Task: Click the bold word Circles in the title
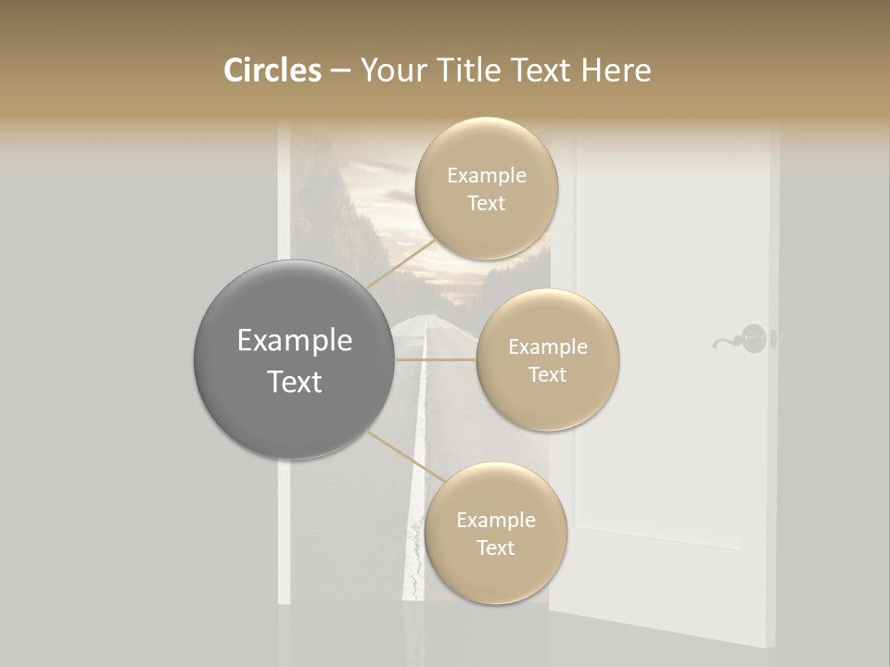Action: point(273,70)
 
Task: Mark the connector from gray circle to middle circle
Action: point(436,359)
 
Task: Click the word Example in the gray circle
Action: point(294,341)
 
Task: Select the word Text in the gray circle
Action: point(294,382)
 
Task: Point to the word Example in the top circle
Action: point(486,175)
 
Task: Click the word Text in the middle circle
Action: point(547,374)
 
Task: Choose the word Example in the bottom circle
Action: point(495,520)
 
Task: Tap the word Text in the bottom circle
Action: point(495,547)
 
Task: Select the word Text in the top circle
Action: point(486,203)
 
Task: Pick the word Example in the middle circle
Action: point(547,346)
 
